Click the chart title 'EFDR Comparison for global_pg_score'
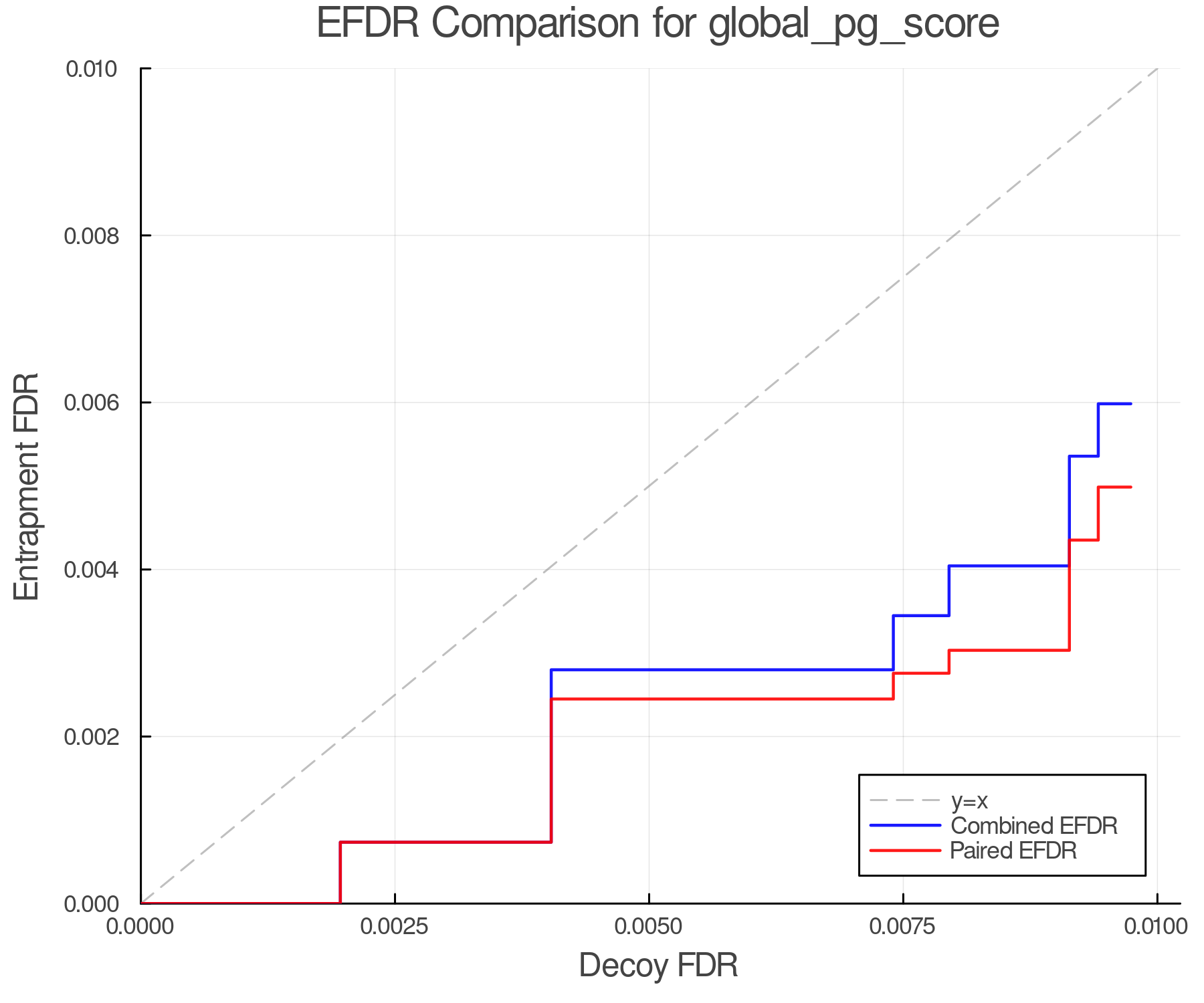tap(658, 23)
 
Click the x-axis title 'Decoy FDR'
tap(658, 966)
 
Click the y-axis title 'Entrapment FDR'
tap(27, 486)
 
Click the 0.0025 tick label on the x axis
tap(395, 927)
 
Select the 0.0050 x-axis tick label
tap(649, 927)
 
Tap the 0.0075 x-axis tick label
tap(903, 927)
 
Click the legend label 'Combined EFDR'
tap(1034, 826)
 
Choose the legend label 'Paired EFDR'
tap(1013, 851)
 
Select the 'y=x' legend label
tap(969, 800)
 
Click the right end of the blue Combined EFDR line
tap(1130, 404)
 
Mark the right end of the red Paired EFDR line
tap(1130, 487)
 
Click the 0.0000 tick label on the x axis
tap(140, 927)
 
